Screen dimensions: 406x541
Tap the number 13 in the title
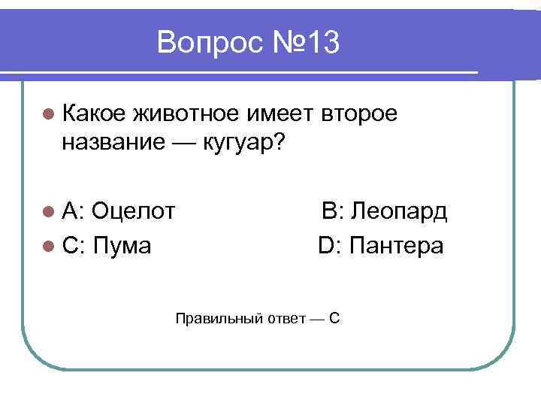[x=322, y=44]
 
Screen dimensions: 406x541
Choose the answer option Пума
[x=122, y=245]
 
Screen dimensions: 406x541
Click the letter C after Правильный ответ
[x=335, y=317]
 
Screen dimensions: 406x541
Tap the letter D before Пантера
[x=326, y=245]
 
